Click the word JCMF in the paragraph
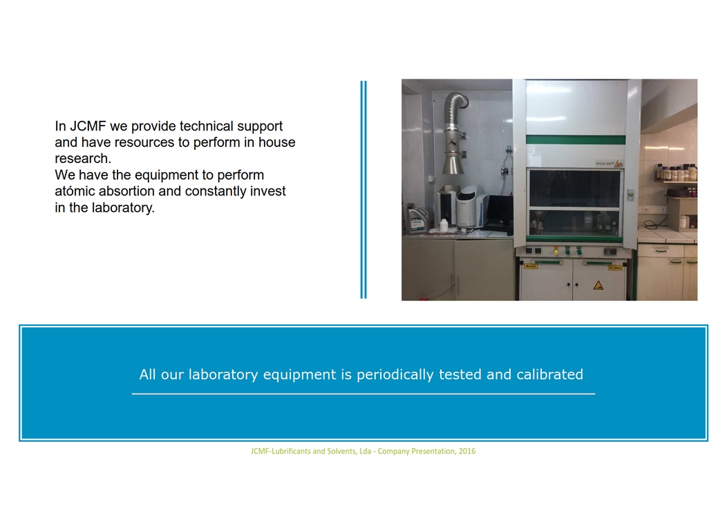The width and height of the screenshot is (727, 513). (88, 126)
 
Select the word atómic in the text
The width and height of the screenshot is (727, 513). (75, 191)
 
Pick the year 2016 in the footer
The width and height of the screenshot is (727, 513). (467, 451)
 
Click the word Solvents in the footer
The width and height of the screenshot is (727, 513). (342, 451)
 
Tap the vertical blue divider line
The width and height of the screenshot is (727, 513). (363, 190)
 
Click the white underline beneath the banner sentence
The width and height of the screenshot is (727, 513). (363, 394)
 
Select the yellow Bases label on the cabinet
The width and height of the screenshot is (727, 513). (531, 267)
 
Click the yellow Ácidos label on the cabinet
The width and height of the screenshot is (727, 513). (615, 267)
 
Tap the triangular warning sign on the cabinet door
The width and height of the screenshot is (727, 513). (598, 285)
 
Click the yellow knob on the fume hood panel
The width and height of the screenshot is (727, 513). (556, 251)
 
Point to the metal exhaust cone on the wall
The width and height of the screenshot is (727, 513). (453, 164)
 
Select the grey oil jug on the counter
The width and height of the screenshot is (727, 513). (417, 219)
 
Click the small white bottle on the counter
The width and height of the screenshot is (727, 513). (444, 225)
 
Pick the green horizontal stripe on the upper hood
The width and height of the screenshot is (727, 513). (576, 139)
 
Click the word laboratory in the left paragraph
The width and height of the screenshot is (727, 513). (123, 208)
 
